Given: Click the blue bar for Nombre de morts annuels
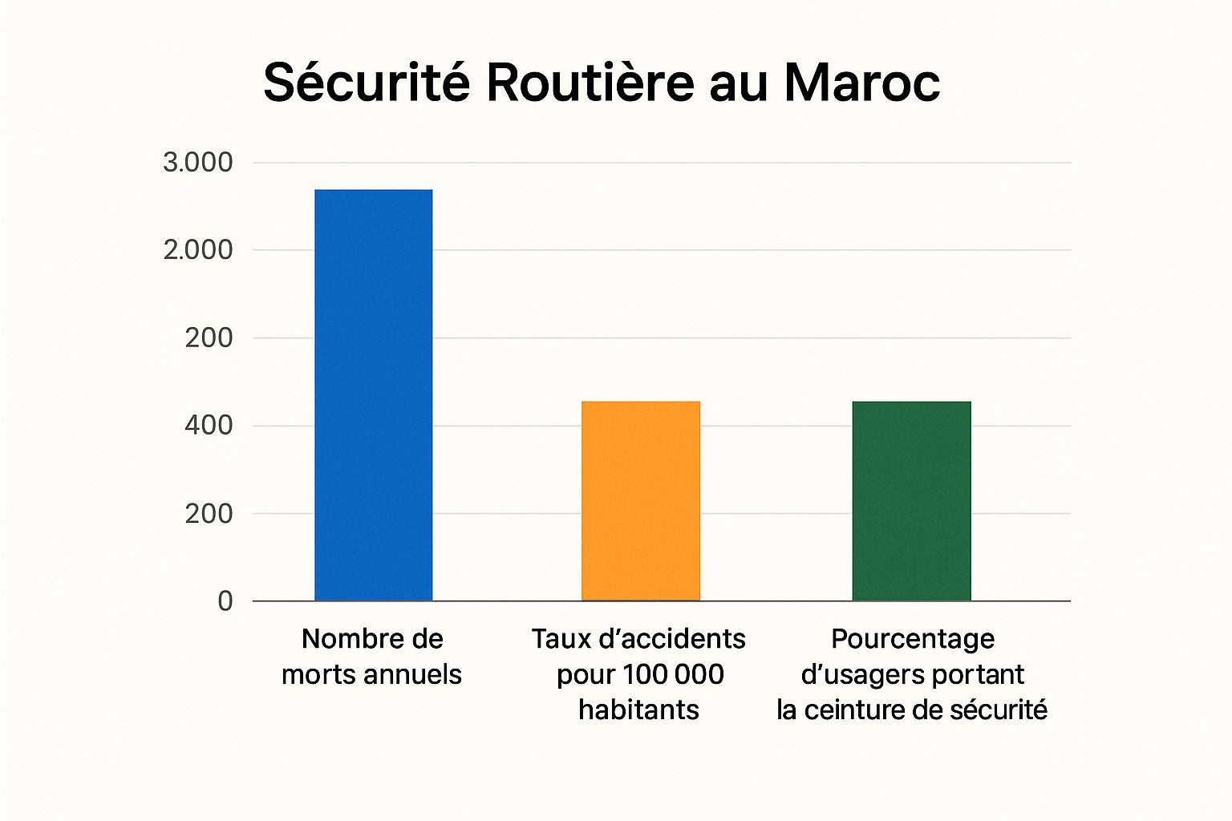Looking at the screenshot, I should pos(373,394).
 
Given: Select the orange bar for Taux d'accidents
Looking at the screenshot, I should pos(640,500).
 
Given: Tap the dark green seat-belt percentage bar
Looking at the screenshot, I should pos(911,500).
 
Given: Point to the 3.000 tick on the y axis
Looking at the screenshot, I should pos(197,162).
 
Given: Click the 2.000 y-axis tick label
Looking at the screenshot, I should pos(197,250).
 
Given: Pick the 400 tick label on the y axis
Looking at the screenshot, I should pos(209,425).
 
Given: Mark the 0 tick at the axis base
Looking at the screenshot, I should pos(225,601).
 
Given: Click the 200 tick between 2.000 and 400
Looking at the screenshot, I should pos(209,338).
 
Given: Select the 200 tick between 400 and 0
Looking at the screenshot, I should pos(209,513).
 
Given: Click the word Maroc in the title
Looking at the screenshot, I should pos(861,83).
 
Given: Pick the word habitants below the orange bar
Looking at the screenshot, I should pos(638,710).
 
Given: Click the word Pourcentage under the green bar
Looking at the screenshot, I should pos(913,639).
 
